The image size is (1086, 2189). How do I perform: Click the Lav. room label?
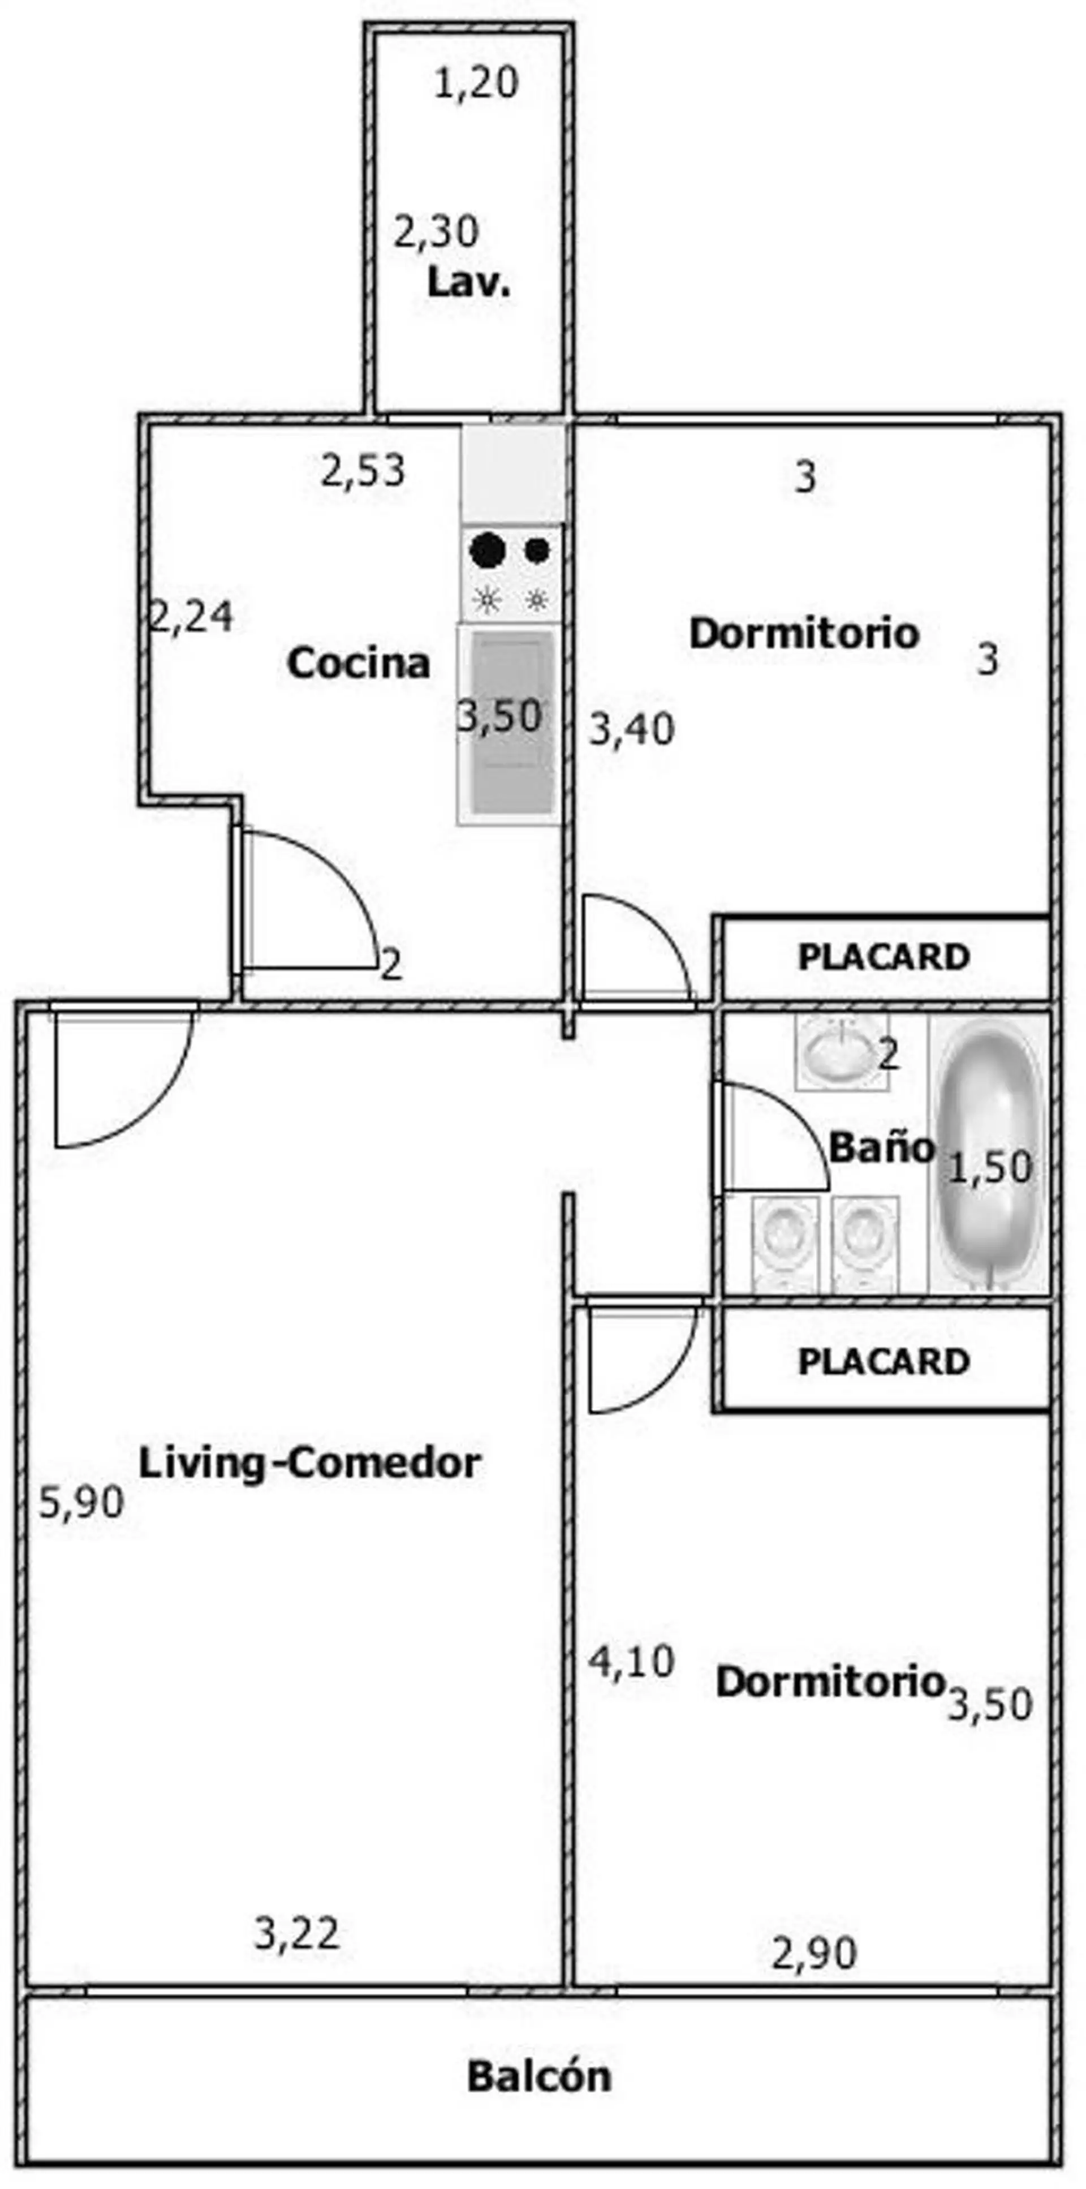[469, 282]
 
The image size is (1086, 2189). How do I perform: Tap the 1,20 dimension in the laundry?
[476, 85]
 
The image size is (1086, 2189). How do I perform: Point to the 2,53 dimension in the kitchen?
[363, 471]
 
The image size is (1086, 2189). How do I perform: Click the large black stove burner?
[488, 551]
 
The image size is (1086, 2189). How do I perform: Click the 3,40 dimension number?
[632, 729]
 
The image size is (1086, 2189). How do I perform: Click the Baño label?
[881, 1148]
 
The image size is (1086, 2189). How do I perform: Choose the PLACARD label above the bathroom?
[884, 958]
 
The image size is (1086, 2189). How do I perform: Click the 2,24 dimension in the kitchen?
[191, 616]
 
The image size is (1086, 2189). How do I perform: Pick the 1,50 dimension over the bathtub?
[990, 1168]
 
